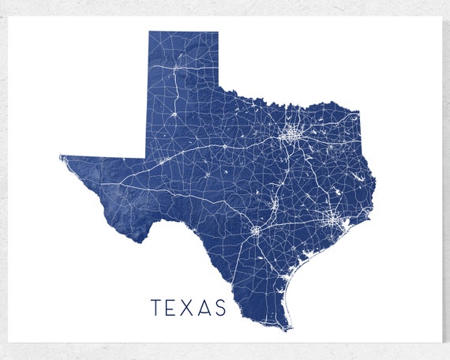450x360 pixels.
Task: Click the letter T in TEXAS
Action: pyautogui.click(x=156, y=307)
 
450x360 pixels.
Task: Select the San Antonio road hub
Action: pyautogui.click(x=256, y=231)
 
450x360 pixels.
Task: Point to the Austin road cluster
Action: pyautogui.click(x=275, y=206)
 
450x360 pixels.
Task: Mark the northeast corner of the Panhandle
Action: pyautogui.click(x=218, y=33)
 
